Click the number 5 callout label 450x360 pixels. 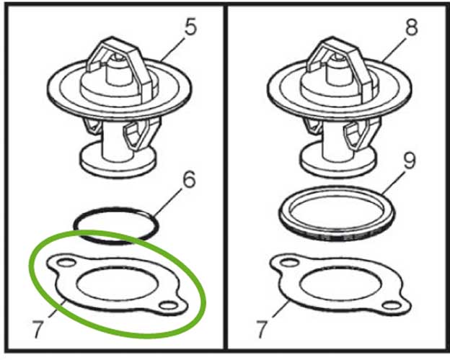point(191,27)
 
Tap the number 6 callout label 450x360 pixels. point(189,180)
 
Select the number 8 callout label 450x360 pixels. point(410,27)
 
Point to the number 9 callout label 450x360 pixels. point(409,161)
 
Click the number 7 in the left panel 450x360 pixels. point(38,329)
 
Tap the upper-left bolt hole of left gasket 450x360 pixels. point(66,262)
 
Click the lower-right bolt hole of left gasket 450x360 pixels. point(169,305)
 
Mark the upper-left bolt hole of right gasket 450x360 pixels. point(290,262)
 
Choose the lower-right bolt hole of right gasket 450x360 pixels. point(392,305)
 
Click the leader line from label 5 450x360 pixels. point(175,48)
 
